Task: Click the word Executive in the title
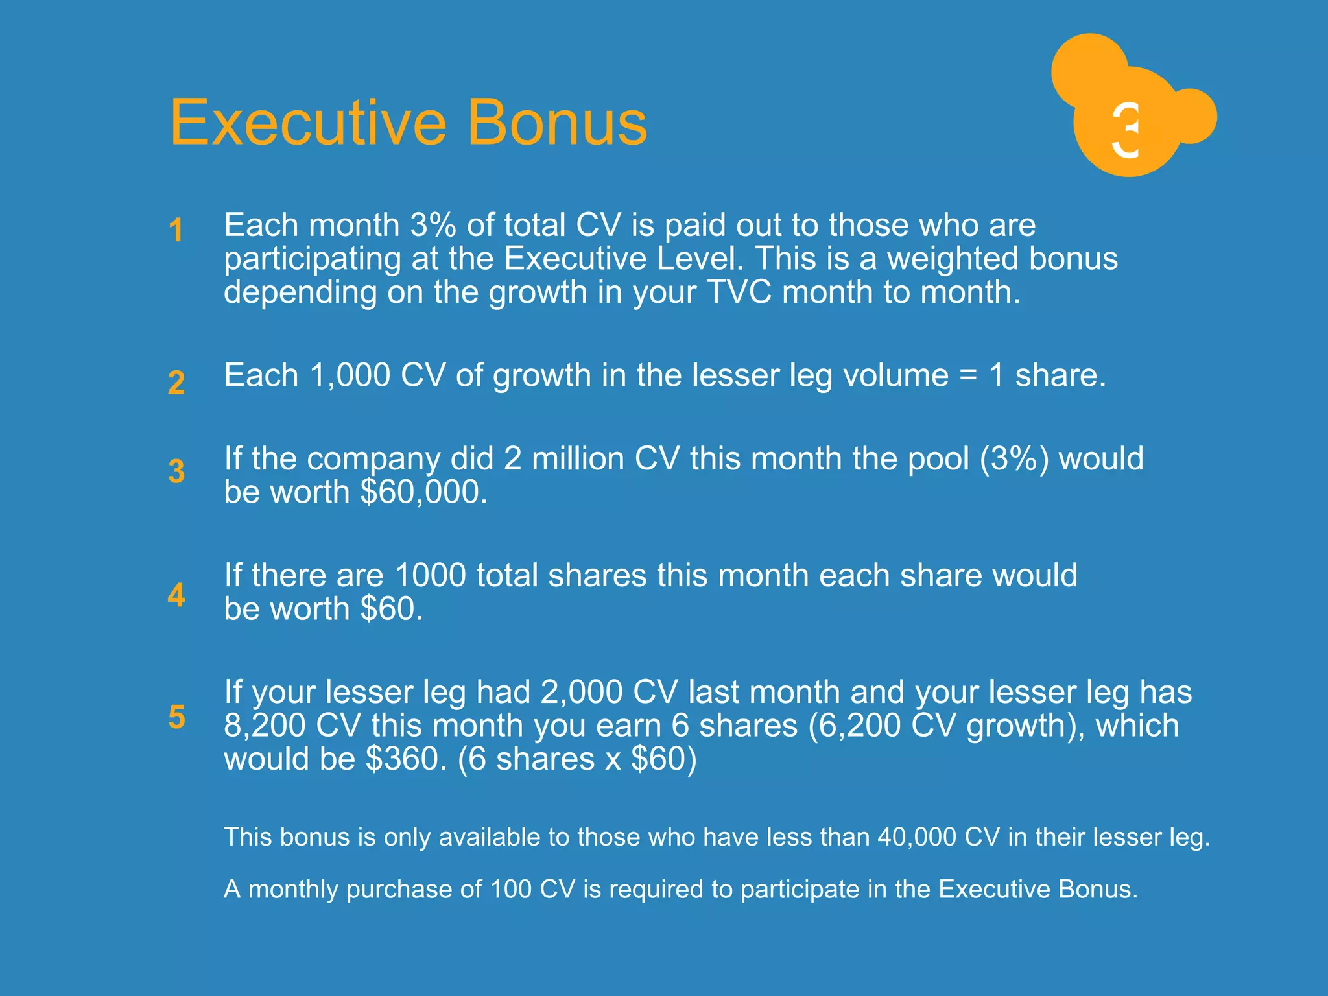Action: click(x=308, y=123)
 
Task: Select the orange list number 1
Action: click(x=176, y=230)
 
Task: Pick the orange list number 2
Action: click(x=176, y=382)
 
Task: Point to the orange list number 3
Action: click(x=176, y=471)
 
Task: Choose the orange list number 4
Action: click(x=176, y=595)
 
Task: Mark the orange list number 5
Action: click(x=176, y=717)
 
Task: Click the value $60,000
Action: click(x=423, y=492)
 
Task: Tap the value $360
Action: click(x=406, y=759)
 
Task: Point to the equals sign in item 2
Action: click(x=967, y=376)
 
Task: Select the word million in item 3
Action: click(x=578, y=459)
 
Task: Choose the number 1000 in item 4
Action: click(x=430, y=575)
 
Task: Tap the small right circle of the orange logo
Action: click(x=1191, y=116)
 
